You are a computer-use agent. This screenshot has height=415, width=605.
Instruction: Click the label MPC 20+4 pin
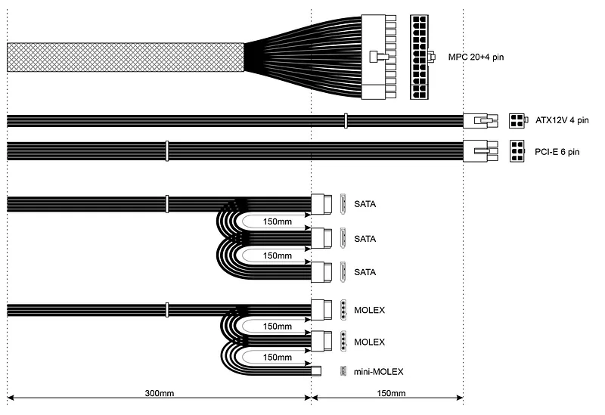point(476,57)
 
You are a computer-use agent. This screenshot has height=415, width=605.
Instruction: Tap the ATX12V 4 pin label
point(562,120)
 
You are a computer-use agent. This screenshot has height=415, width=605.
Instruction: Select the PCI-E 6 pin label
point(557,152)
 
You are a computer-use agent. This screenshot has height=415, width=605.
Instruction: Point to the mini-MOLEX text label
point(378,372)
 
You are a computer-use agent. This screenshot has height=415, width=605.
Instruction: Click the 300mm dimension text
point(160,393)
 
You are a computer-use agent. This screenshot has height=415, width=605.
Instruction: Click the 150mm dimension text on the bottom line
point(391,393)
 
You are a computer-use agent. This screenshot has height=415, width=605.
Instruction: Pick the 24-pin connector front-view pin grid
point(419,57)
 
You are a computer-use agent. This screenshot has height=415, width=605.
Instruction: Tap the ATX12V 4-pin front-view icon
point(517,121)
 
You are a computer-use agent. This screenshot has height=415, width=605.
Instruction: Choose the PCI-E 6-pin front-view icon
point(517,151)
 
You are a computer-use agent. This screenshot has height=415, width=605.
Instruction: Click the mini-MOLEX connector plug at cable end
point(316,371)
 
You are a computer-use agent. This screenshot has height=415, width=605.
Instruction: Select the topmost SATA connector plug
point(321,204)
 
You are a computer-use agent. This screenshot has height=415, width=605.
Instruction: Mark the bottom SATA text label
point(365,272)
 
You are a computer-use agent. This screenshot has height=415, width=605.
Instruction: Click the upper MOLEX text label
point(369,310)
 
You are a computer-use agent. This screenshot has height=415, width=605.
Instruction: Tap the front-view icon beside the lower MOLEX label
point(343,341)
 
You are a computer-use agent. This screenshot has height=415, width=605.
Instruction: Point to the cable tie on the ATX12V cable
point(346,121)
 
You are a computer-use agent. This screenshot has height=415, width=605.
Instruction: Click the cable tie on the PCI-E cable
point(166,151)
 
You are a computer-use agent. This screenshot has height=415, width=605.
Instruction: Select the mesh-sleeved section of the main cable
point(126,57)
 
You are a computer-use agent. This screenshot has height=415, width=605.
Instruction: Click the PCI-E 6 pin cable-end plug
point(480,150)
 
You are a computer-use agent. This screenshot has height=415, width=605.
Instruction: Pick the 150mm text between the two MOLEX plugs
point(277,327)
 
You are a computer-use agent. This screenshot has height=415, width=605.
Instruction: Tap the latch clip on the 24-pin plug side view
point(379,57)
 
